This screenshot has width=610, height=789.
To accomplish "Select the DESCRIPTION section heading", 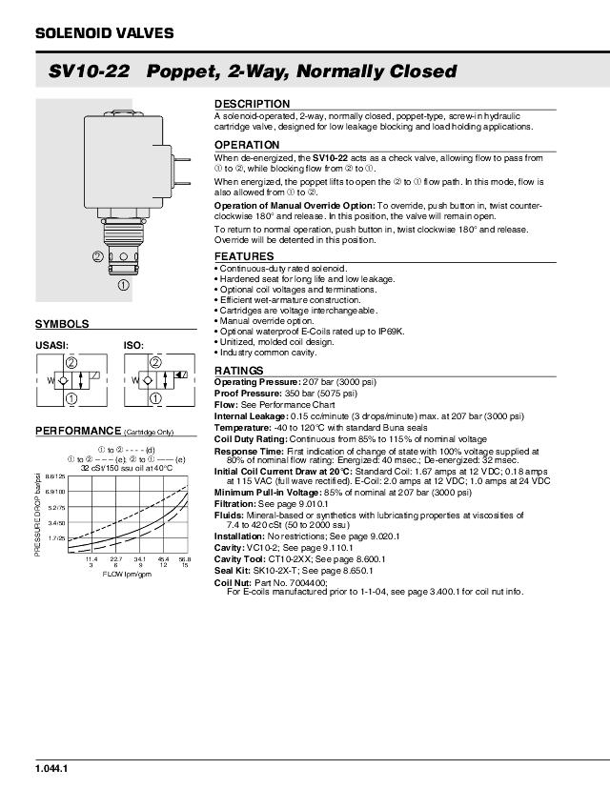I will click(252, 103).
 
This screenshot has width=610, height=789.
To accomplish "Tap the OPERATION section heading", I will click(248, 145).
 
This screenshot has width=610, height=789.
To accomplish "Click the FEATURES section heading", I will click(244, 256).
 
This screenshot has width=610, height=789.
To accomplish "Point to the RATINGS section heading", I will click(240, 370).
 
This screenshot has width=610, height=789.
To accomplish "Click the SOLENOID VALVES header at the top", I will click(104, 33).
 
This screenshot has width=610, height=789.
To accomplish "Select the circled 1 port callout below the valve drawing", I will click(123, 284).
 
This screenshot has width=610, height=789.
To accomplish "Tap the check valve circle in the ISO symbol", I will click(157, 381).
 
